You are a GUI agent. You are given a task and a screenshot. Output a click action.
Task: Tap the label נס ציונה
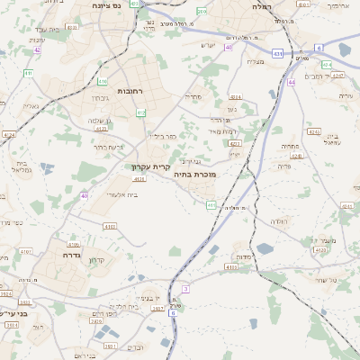(x=107, y=5)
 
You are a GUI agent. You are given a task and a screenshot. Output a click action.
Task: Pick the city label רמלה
(x=261, y=6)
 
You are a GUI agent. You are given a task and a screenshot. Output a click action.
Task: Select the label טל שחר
(x=319, y=280)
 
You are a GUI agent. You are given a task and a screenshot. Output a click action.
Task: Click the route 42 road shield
(x=37, y=50)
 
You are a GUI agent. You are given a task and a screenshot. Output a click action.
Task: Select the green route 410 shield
(x=29, y=73)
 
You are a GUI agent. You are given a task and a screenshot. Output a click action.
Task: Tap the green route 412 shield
(x=140, y=112)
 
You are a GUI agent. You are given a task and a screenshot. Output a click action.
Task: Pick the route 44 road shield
(x=292, y=82)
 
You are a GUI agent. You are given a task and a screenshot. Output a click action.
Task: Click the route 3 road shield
(x=185, y=288)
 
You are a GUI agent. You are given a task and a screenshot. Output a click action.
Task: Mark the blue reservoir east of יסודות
(x=265, y=248)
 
